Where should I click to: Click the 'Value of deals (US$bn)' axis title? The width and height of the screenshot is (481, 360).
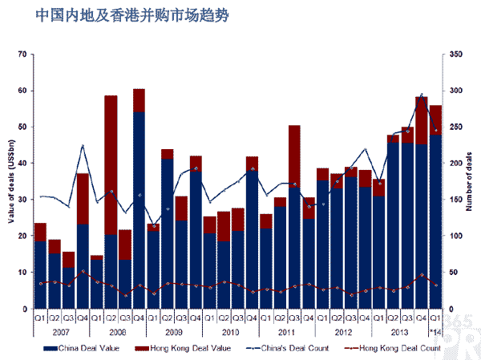[x=10, y=181]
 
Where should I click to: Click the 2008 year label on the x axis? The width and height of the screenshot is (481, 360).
[x=117, y=331]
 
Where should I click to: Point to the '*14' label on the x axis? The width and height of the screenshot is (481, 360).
[x=436, y=331]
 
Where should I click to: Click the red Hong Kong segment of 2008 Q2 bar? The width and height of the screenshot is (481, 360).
[x=111, y=164]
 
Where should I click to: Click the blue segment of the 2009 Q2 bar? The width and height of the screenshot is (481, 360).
[x=167, y=233]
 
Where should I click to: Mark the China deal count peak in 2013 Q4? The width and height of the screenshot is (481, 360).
[x=422, y=95]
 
